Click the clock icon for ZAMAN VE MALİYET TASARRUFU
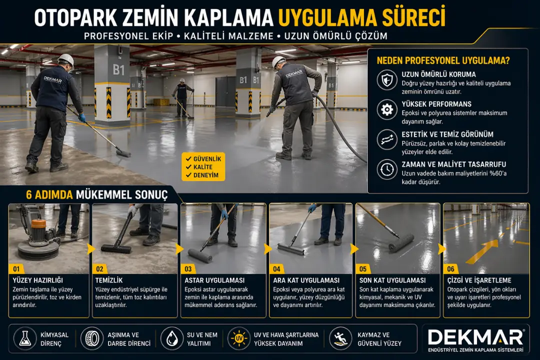point(387,169)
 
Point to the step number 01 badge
point(18,268)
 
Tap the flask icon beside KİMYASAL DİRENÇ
point(23,338)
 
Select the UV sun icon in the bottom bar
point(238,338)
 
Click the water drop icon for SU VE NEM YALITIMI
point(171,338)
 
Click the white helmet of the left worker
point(65,61)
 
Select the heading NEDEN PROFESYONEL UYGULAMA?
point(443,61)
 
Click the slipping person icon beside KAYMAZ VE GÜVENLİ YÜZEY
point(340,338)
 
